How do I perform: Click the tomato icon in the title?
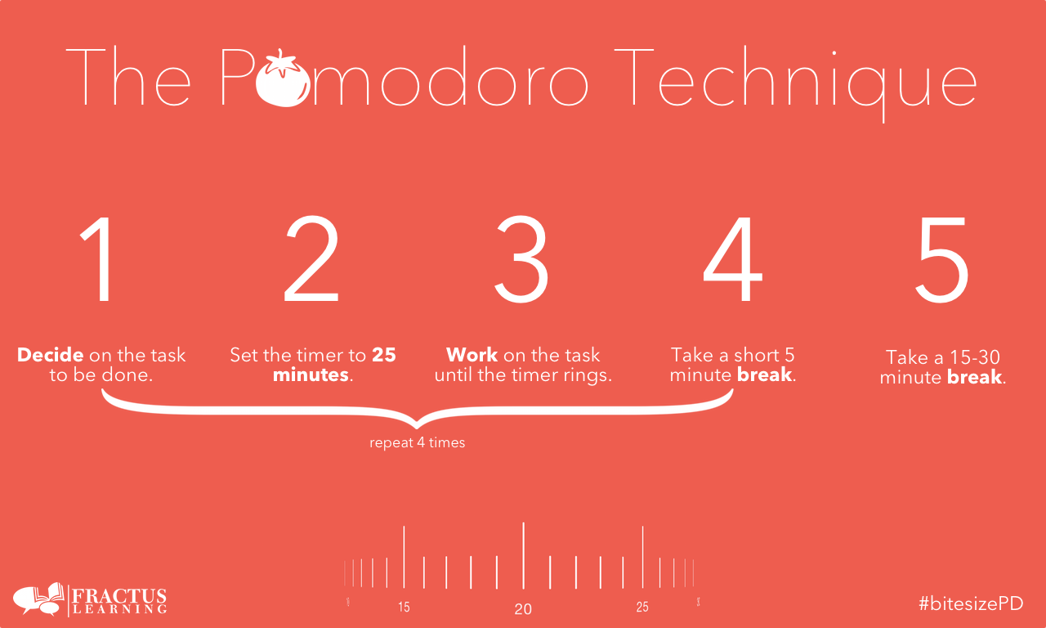point(281,79)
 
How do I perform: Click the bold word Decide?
point(51,356)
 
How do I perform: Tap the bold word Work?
point(472,356)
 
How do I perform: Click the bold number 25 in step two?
point(384,356)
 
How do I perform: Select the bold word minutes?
point(311,376)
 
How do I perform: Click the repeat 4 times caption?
point(417,443)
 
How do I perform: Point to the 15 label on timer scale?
point(404,608)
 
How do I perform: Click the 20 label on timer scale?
point(523,609)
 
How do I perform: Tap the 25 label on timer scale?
point(642,608)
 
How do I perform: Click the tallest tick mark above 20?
point(523,556)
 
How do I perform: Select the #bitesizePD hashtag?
point(970,603)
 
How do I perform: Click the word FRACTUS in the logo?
point(120,595)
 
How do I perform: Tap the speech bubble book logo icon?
point(38,599)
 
